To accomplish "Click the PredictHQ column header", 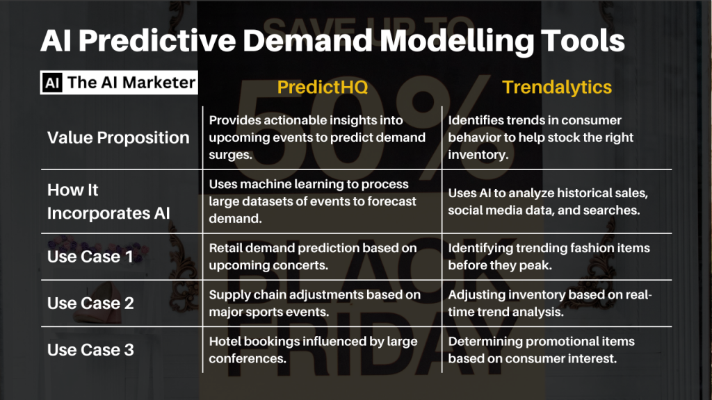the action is tap(323, 87).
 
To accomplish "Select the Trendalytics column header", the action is tap(557, 87).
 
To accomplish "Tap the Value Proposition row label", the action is tap(118, 137).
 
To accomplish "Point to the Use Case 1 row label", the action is tap(90, 257).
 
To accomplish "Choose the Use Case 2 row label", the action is tap(90, 303).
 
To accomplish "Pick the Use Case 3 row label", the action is tap(90, 350).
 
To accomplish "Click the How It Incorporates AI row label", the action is tap(108, 201).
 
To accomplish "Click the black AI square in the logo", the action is tap(52, 83).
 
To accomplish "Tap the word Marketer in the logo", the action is tap(159, 83).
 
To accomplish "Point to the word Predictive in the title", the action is tap(157, 41).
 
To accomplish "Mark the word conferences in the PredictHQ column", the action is tap(248, 359).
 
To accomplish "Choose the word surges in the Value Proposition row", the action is tap(230, 155).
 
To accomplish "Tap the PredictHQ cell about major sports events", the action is tap(315, 303).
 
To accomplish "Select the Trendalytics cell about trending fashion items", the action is tap(549, 256).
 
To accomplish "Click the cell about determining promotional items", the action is tap(541, 350).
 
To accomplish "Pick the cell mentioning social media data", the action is tap(548, 201).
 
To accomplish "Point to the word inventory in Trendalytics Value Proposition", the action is tap(478, 155).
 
